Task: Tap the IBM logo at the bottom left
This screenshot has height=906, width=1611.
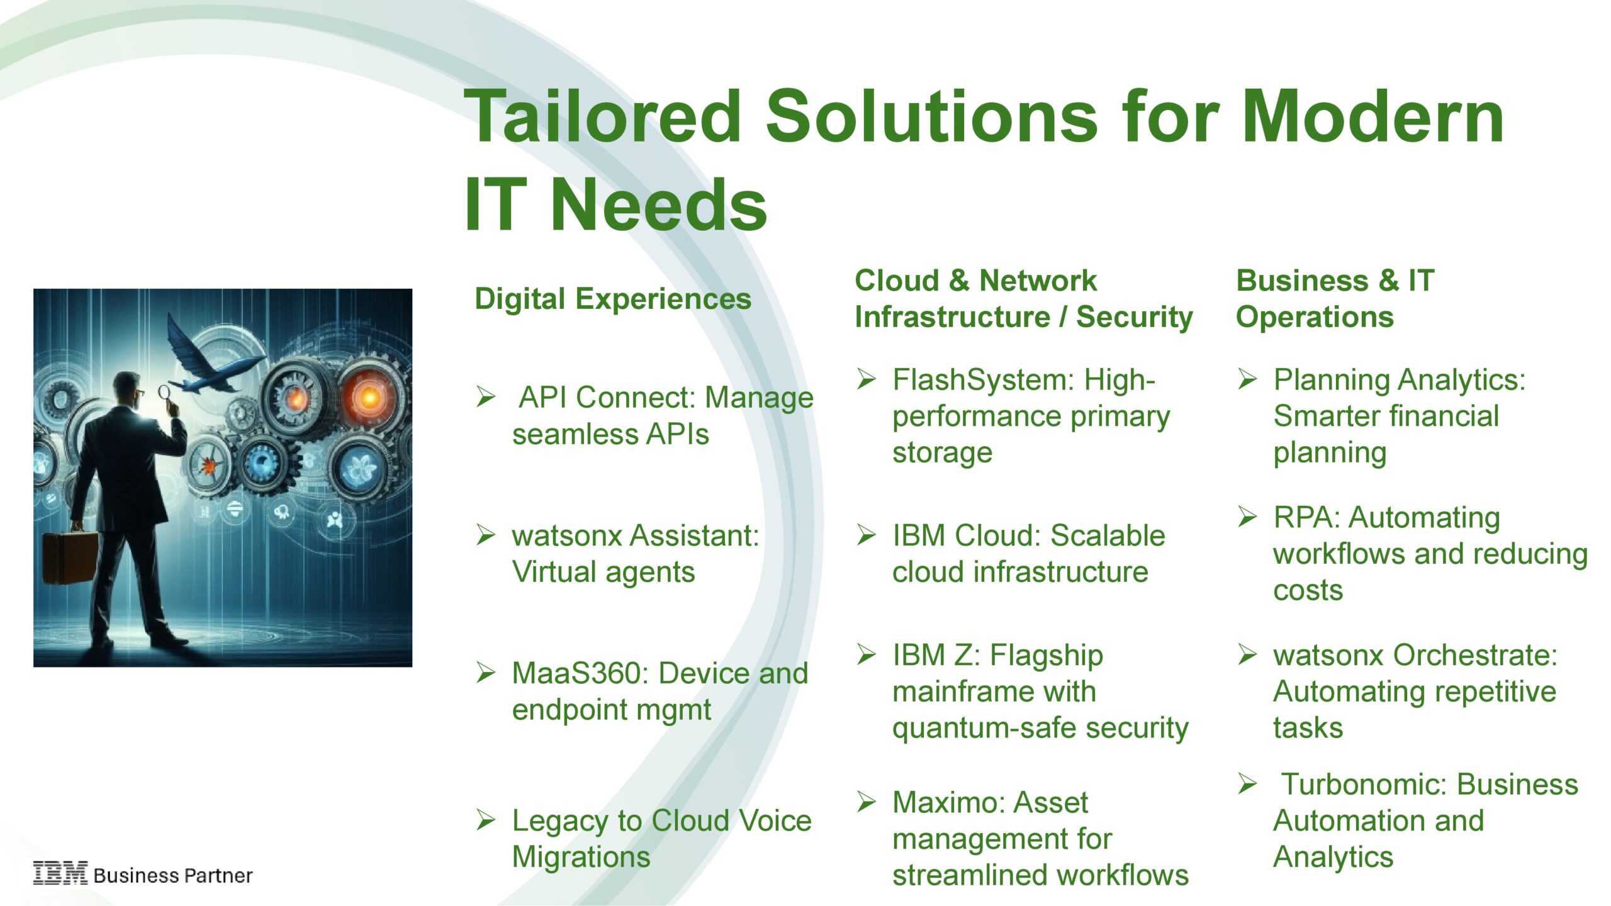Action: point(60,873)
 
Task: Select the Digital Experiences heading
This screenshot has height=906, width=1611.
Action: point(613,299)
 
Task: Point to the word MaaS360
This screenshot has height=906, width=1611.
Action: point(576,673)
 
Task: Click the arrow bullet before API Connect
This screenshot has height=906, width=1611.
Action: point(486,397)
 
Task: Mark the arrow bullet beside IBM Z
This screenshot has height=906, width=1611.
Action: point(867,655)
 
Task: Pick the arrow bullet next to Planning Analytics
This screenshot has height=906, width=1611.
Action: point(1247,379)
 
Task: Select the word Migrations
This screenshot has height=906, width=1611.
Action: point(581,858)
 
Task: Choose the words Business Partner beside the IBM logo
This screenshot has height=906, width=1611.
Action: point(173,875)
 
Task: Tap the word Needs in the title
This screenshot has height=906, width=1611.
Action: point(659,205)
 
